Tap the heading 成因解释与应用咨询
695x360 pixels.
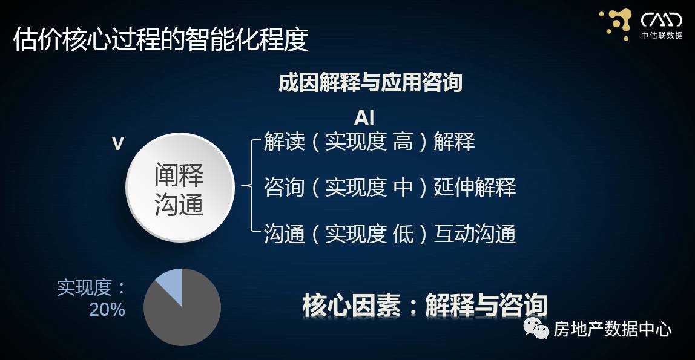pos(370,82)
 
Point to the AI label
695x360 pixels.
pos(364,117)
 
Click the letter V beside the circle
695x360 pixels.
pos(118,143)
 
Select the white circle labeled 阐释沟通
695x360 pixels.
pos(180,188)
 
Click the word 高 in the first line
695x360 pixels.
pos(403,142)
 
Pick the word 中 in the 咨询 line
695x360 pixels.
pos(403,188)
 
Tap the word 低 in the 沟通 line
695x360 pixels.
pos(403,234)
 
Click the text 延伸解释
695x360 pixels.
pos(475,188)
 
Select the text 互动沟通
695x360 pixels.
pos(475,234)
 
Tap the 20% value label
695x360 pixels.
pos(107,310)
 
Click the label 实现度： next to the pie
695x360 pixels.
pos(91,287)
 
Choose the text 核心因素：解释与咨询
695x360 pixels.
pos(424,305)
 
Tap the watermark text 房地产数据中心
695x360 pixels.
pos(612,330)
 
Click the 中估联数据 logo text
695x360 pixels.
pos(662,36)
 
